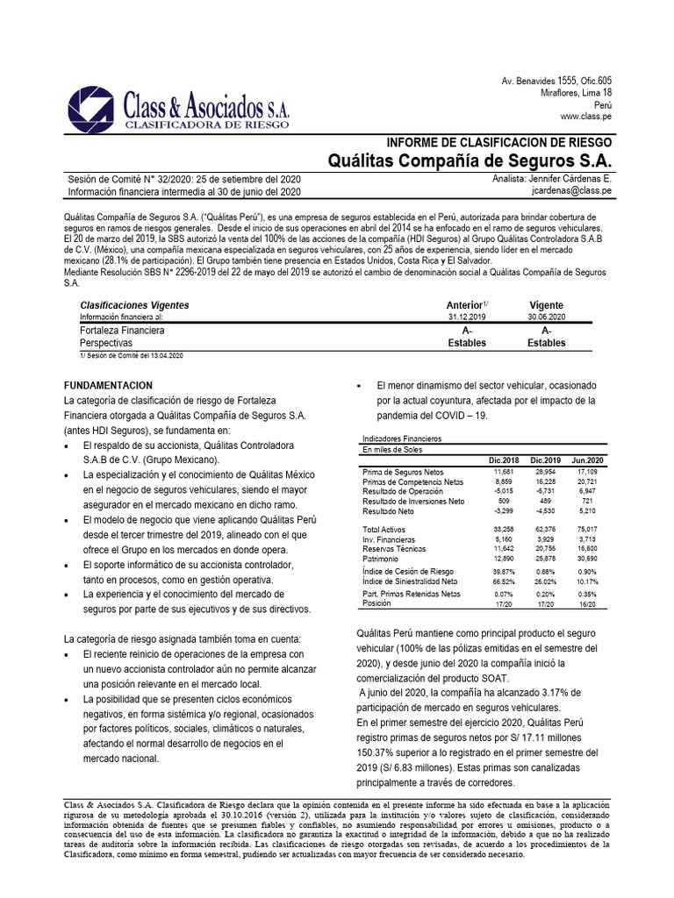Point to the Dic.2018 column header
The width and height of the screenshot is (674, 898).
pyautogui.click(x=504, y=460)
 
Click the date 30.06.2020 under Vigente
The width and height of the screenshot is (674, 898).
pyautogui.click(x=546, y=317)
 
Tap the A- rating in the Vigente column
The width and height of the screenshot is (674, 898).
pyautogui.click(x=546, y=331)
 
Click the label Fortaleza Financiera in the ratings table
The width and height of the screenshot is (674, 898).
pyautogui.click(x=122, y=331)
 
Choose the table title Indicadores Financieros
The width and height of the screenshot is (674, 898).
pyautogui.click(x=402, y=437)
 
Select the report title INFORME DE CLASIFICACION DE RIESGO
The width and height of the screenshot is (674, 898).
pyautogui.click(x=499, y=142)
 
